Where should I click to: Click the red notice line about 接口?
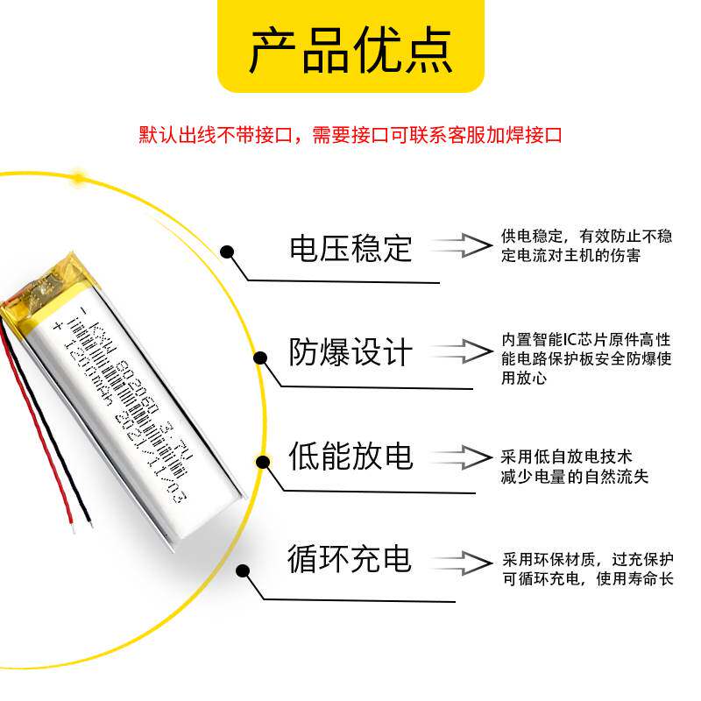coord(350,136)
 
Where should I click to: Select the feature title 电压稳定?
coord(350,249)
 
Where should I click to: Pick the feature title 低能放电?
coord(350,457)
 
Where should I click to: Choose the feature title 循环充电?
coord(350,559)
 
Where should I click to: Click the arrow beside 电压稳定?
coord(464,246)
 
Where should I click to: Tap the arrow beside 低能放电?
coord(464,457)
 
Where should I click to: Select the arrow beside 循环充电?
coord(464,561)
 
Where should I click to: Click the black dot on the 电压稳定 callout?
coord(227,252)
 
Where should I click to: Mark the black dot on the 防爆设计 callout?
coord(260,357)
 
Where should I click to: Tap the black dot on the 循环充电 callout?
coord(243,570)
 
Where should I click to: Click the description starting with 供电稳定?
coord(586,246)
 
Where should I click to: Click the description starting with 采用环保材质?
coord(587,570)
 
